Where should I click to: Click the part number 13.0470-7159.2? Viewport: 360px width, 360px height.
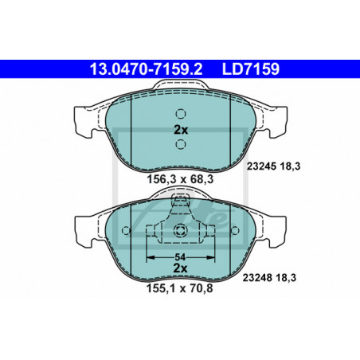click(146, 69)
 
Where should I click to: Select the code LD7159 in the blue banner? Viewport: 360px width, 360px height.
click(251, 69)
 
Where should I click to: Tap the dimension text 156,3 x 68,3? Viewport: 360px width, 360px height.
click(180, 179)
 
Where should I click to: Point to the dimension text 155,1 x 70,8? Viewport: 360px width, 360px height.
click(180, 288)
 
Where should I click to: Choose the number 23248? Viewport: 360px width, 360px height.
click(256, 278)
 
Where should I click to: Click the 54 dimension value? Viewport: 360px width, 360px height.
click(180, 257)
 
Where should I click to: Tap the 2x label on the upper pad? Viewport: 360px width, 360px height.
click(181, 130)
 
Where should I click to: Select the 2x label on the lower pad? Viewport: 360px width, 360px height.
click(180, 268)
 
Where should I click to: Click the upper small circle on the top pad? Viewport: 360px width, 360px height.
click(181, 114)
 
